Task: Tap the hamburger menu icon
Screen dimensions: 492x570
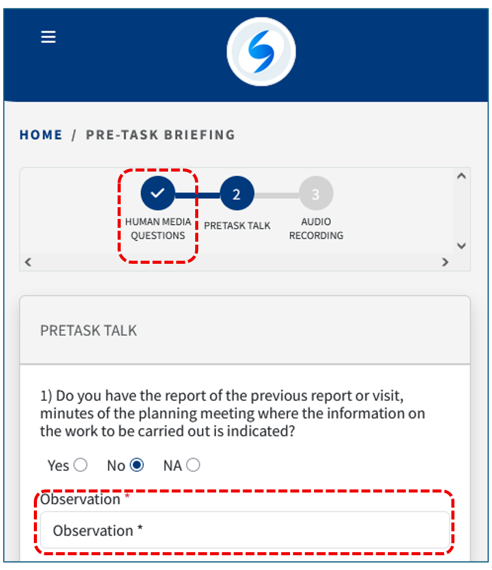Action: pyautogui.click(x=48, y=37)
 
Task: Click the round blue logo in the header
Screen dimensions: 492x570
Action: pyautogui.click(x=261, y=52)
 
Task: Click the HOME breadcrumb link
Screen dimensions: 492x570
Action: pyautogui.click(x=41, y=135)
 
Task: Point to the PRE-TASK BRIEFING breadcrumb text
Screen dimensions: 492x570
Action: pyautogui.click(x=161, y=135)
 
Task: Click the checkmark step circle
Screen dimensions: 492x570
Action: pyautogui.click(x=158, y=193)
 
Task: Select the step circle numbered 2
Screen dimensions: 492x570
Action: pyautogui.click(x=236, y=193)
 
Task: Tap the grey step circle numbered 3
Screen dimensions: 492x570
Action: pyautogui.click(x=316, y=193)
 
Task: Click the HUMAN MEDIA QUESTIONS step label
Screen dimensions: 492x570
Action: pyautogui.click(x=158, y=229)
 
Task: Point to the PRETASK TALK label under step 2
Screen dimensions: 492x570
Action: pyautogui.click(x=237, y=226)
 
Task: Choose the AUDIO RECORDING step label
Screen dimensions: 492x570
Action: pyautogui.click(x=316, y=229)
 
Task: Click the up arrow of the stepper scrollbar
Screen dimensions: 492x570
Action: pyautogui.click(x=461, y=176)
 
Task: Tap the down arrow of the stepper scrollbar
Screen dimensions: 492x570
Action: pyautogui.click(x=461, y=246)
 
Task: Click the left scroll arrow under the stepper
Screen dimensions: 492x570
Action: pyautogui.click(x=28, y=262)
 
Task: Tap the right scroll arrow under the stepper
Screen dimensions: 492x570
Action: pyautogui.click(x=445, y=262)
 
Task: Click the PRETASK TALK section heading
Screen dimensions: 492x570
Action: pyautogui.click(x=89, y=330)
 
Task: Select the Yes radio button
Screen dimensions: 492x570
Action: pyautogui.click(x=81, y=465)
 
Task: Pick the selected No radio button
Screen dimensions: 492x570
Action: pyautogui.click(x=137, y=465)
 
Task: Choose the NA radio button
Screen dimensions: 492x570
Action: pyautogui.click(x=193, y=465)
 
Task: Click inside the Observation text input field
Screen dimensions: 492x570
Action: pyautogui.click(x=244, y=531)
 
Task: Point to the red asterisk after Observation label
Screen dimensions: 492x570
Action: pyautogui.click(x=127, y=496)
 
